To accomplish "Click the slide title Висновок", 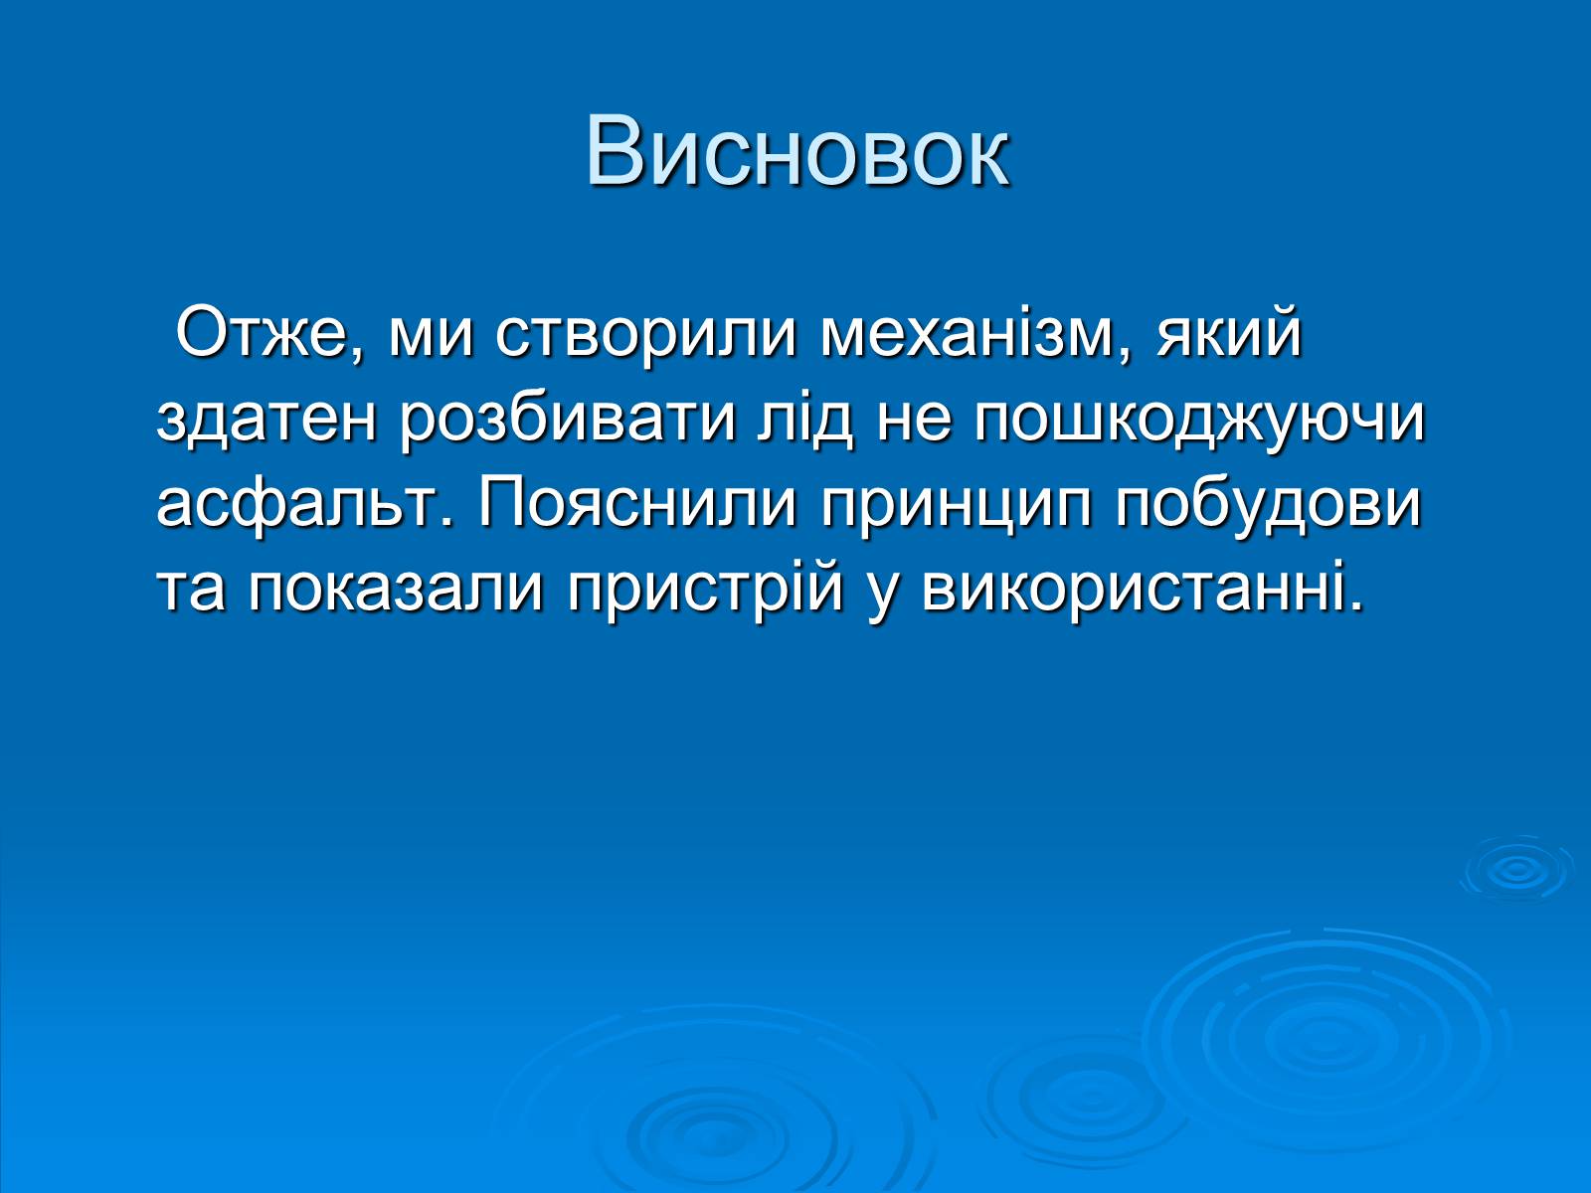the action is click(x=797, y=153).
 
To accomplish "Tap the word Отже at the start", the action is click(x=268, y=335).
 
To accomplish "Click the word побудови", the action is click(x=1268, y=506).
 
